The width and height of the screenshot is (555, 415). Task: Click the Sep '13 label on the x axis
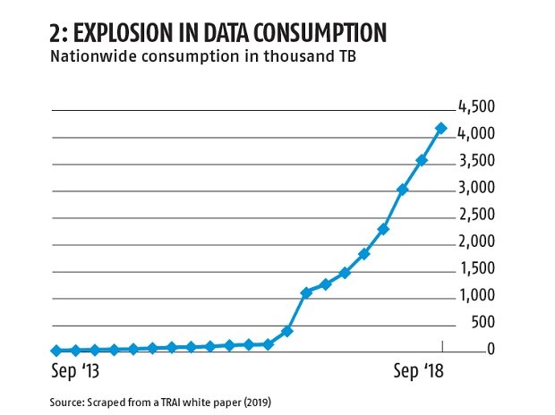coord(78,370)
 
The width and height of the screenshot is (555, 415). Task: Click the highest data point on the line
coord(440,129)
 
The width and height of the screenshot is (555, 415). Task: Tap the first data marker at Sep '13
coord(55,351)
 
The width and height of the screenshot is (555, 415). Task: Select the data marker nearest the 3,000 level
coord(402,190)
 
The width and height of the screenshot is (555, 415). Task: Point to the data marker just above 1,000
coord(306,292)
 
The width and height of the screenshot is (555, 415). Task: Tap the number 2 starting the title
coord(56,34)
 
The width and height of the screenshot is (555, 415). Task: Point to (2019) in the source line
coord(253,402)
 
